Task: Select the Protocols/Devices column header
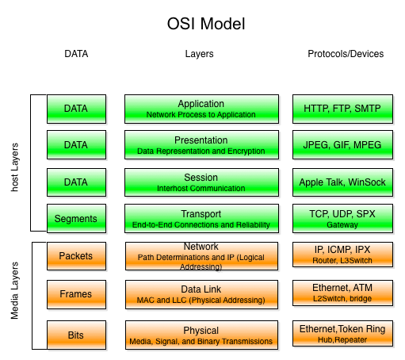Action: coord(345,54)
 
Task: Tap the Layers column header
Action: coord(199,54)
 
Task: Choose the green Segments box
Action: coord(76,219)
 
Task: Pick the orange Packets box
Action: coord(76,256)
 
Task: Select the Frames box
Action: coord(76,294)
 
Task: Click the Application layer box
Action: coord(201,109)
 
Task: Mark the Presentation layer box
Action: coord(201,145)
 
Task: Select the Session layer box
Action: coord(201,182)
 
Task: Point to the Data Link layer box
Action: coord(201,294)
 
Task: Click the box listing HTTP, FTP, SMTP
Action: coord(342,109)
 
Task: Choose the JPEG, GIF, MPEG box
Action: coord(342,145)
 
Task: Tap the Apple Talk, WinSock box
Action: coord(342,182)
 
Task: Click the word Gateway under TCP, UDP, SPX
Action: coord(342,225)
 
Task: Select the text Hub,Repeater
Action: coord(342,339)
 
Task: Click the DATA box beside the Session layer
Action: coord(76,182)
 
